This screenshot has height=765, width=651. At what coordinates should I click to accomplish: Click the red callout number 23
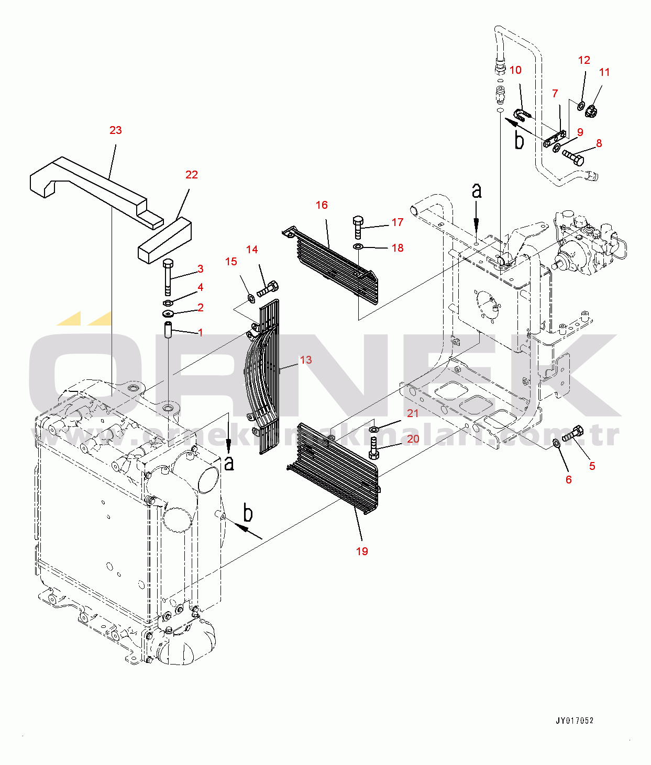(x=115, y=130)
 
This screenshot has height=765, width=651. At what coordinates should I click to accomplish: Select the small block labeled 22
(x=164, y=241)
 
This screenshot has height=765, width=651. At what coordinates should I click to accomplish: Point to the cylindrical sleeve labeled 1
(x=168, y=332)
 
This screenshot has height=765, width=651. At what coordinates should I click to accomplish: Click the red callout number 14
(x=252, y=250)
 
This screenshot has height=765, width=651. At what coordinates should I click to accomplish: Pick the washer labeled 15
(x=251, y=299)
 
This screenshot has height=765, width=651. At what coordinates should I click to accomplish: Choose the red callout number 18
(x=398, y=248)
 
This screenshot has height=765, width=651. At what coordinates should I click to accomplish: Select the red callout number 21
(x=413, y=413)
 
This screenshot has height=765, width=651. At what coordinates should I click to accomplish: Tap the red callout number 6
(x=568, y=480)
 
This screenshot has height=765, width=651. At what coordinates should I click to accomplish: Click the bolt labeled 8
(x=572, y=156)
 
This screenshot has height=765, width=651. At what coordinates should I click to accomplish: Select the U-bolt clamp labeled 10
(x=522, y=115)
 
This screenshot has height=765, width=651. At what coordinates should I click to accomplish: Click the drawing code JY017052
(x=575, y=721)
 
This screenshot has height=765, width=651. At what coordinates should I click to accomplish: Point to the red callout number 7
(x=555, y=94)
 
